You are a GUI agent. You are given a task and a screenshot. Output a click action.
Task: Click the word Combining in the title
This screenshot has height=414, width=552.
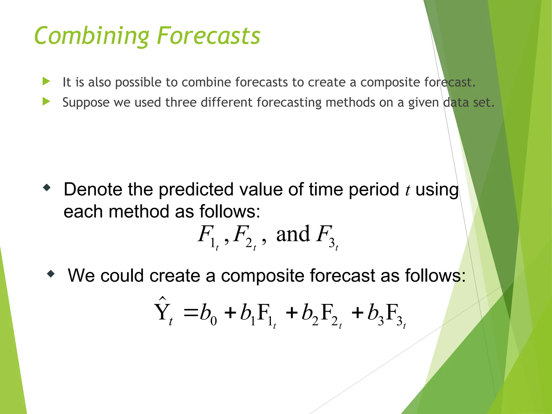92,36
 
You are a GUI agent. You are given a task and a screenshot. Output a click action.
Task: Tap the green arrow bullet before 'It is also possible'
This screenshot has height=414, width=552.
46,81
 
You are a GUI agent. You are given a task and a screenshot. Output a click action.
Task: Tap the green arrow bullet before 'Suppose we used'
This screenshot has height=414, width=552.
46,102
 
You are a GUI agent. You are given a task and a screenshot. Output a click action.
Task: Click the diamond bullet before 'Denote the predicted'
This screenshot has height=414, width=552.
47,188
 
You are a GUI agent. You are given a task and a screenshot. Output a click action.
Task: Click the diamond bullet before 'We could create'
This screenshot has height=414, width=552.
51,274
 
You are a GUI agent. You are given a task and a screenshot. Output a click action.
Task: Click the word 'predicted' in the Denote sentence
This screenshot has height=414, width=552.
196,189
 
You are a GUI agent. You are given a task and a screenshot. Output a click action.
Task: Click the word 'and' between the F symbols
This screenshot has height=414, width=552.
293,234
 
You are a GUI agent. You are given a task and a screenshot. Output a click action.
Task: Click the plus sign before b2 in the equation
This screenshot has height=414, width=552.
292,313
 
